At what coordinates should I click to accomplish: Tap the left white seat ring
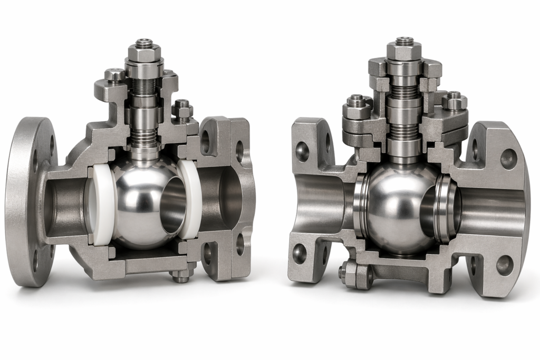coord(103,203)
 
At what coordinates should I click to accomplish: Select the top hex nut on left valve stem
coord(144,52)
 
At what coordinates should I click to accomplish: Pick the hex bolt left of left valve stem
coord(114,75)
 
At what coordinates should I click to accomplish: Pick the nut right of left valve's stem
coord(182,109)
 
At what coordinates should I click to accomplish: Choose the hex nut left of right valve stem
coord(356,108)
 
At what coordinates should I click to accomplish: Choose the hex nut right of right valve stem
coord(454,101)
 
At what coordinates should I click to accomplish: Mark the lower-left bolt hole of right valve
coord(299,254)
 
